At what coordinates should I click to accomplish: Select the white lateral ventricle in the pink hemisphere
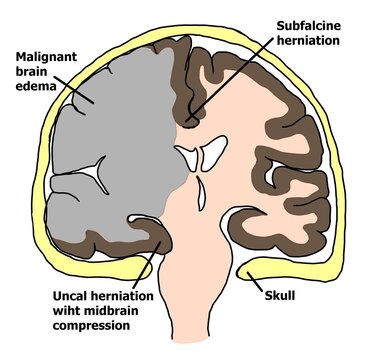point(211,155)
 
